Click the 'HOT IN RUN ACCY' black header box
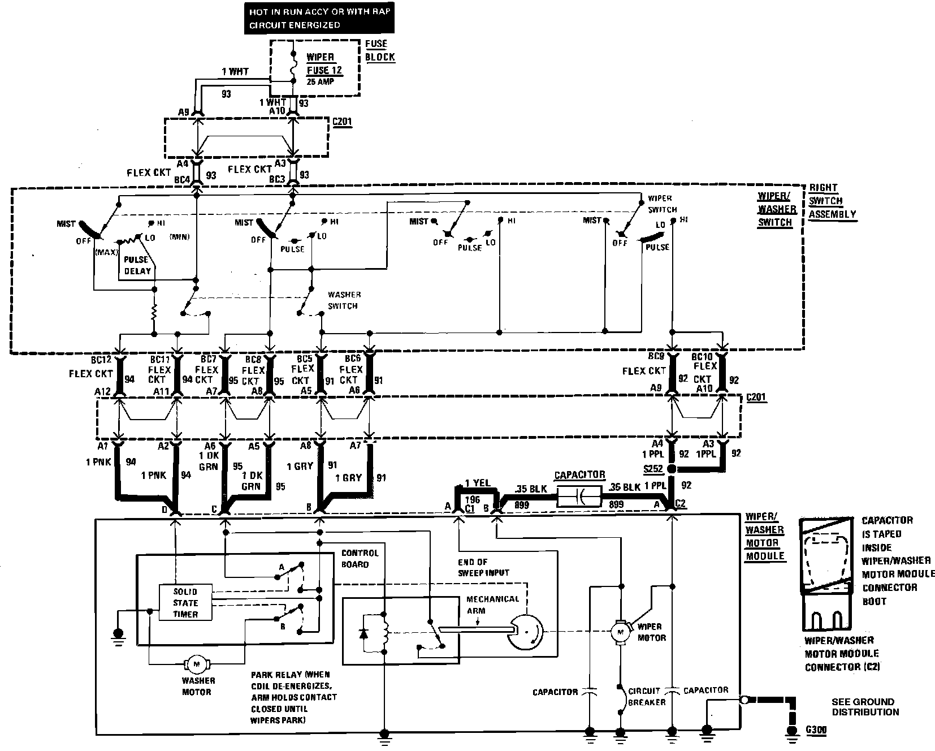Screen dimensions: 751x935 pyautogui.click(x=319, y=18)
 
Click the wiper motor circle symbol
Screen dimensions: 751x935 pyautogui.click(x=620, y=629)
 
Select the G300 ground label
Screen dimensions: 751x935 pyautogui.click(x=816, y=730)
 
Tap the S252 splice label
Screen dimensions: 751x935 pyautogui.click(x=653, y=469)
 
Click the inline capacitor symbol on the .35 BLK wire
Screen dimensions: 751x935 pyautogui.click(x=579, y=497)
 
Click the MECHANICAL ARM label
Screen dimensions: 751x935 pyautogui.click(x=492, y=605)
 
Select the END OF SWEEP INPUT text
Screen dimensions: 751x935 pyautogui.click(x=483, y=567)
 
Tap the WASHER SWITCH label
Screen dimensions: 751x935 pyautogui.click(x=343, y=300)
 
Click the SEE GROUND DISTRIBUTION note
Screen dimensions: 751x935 pyautogui.click(x=865, y=707)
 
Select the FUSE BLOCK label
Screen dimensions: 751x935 pyautogui.click(x=379, y=50)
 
